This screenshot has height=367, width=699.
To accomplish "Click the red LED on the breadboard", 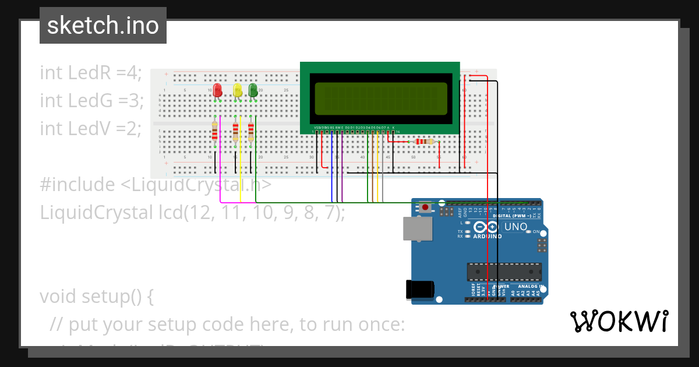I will [x=217, y=90].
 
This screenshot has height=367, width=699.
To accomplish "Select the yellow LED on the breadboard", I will [x=237, y=90].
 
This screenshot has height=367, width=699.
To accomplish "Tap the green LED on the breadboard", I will [x=253, y=90].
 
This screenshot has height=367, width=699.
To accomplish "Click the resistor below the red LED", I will [x=215, y=132].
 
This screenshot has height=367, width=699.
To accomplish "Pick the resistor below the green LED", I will [x=250, y=132].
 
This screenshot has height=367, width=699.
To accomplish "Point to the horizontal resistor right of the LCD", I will [x=422, y=142].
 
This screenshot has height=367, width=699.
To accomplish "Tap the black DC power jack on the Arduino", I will [x=421, y=289].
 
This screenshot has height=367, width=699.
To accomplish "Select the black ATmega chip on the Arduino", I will [x=504, y=272].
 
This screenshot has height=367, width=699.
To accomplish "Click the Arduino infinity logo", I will [x=486, y=227].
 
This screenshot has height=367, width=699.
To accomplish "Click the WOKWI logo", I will [x=619, y=321].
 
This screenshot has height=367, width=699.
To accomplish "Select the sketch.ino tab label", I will [x=103, y=26].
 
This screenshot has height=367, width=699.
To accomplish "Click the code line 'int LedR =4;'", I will [x=91, y=73].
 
